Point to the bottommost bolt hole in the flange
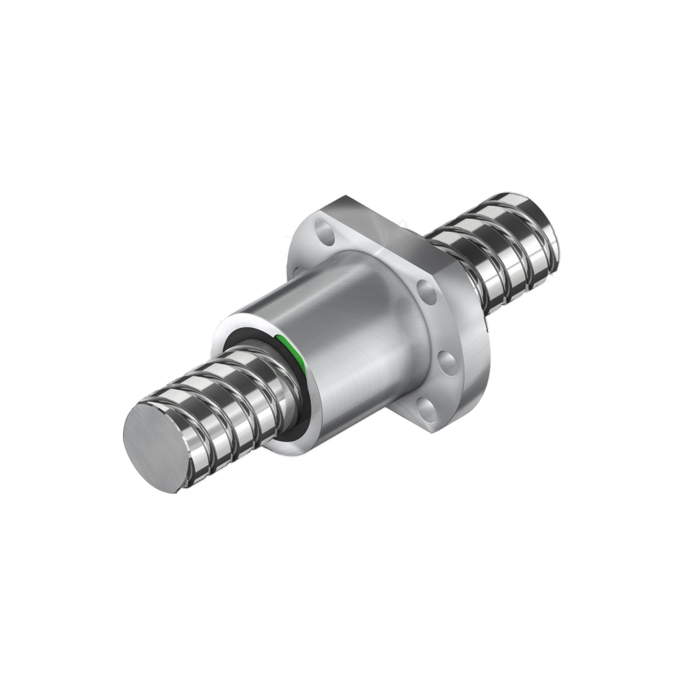coord(425,410)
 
